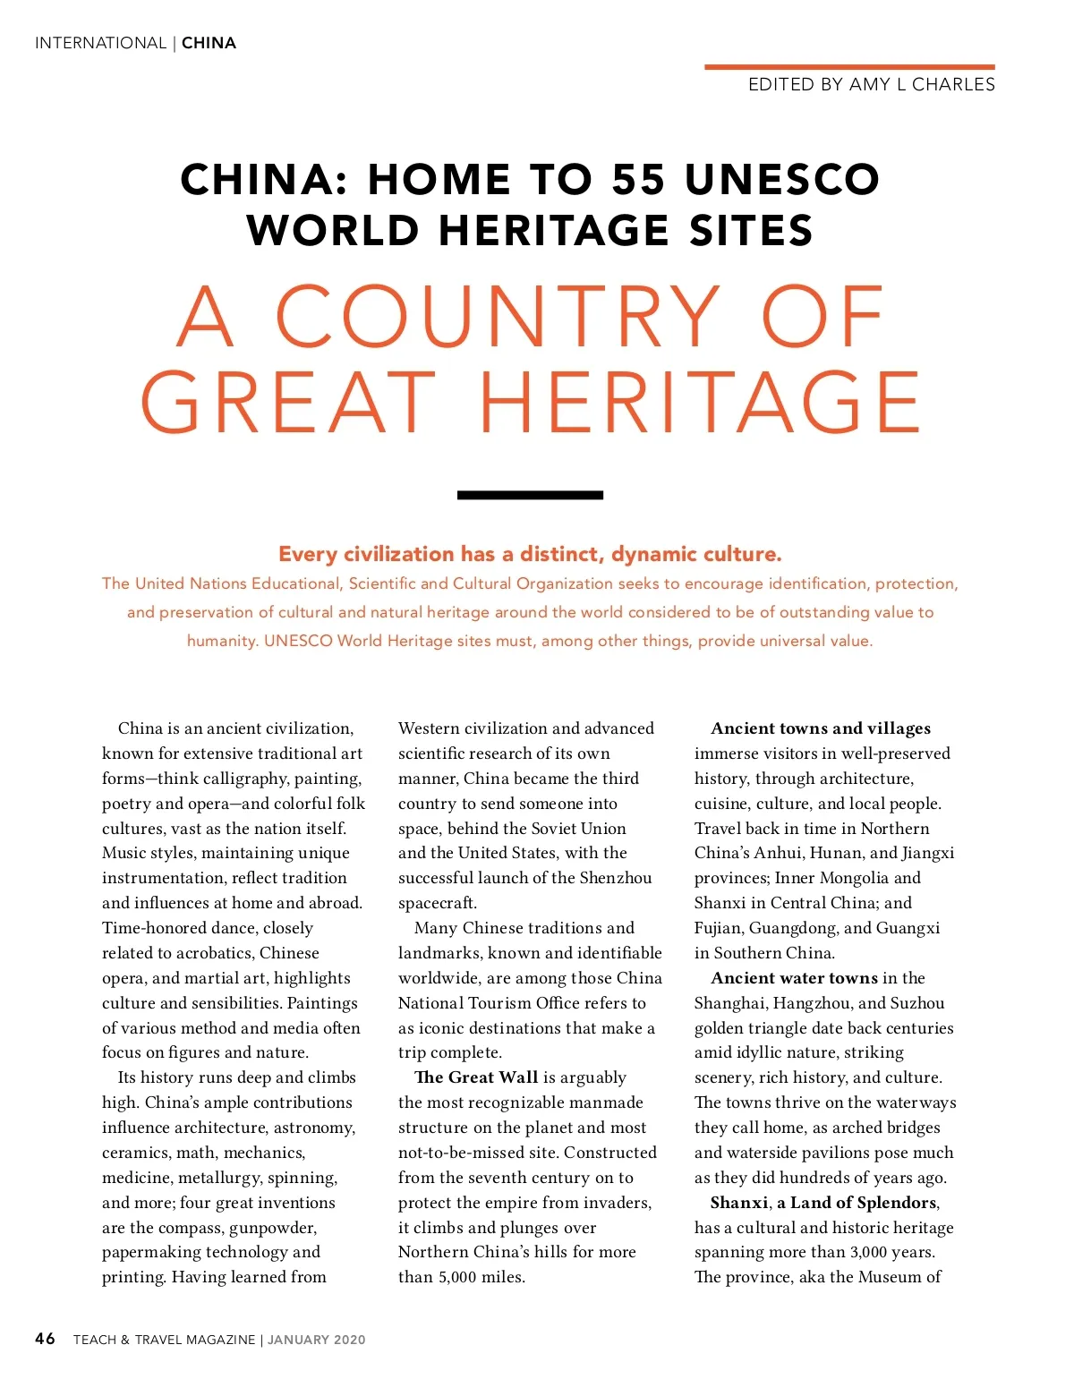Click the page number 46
point(45,1339)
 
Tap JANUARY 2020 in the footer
point(317,1340)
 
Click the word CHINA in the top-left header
point(209,43)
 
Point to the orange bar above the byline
point(848,66)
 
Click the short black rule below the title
point(530,495)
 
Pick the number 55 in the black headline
point(639,179)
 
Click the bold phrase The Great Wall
point(476,1077)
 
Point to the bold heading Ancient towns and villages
point(821,728)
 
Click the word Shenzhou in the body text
point(616,878)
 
